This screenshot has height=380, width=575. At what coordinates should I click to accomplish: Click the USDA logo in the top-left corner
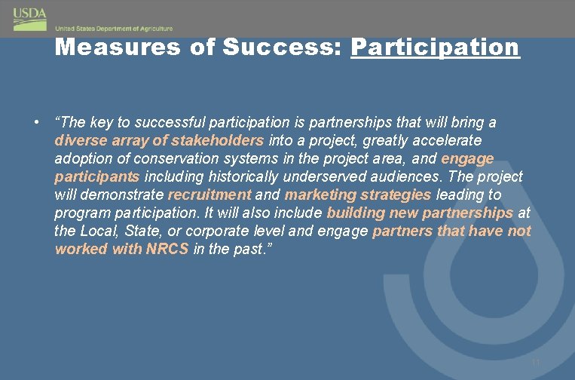tap(29, 19)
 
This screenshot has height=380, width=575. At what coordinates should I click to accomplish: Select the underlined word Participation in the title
tap(435, 47)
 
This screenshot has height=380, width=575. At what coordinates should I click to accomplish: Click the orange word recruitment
tap(209, 195)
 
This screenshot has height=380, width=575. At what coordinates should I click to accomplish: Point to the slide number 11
tap(536, 363)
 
